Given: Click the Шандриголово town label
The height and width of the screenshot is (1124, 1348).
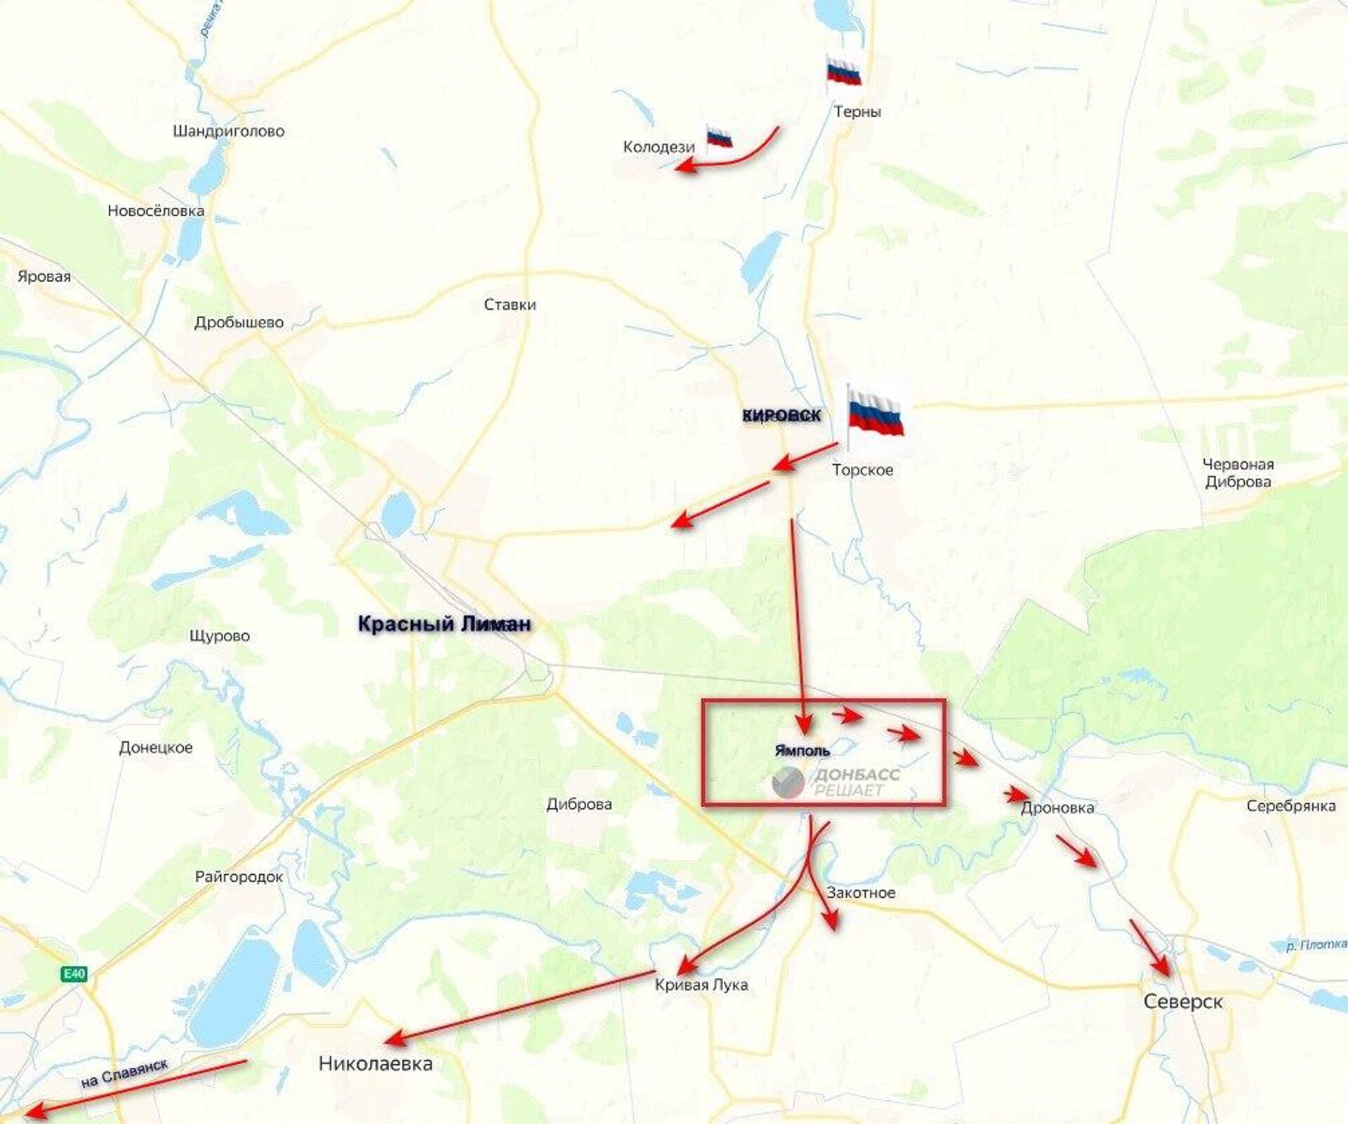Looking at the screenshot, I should [228, 131].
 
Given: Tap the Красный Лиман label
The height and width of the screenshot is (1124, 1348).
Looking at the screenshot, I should [444, 623].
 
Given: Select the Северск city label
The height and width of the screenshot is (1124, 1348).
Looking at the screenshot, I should [1183, 1001].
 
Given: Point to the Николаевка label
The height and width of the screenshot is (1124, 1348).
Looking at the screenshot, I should [376, 1063].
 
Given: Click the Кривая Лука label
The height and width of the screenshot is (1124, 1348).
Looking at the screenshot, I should [701, 984].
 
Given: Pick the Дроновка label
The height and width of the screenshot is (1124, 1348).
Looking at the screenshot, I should [1057, 807].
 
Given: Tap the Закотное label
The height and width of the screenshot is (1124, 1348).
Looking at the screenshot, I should [861, 892].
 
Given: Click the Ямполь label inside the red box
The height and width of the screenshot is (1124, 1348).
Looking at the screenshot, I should [802, 751].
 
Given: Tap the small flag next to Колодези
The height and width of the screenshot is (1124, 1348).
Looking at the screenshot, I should [719, 137].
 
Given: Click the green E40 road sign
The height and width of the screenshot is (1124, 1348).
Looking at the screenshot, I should [74, 974].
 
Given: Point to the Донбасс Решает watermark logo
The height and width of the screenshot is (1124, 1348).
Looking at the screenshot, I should [835, 782].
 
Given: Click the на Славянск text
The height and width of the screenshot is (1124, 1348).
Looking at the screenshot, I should [124, 1073].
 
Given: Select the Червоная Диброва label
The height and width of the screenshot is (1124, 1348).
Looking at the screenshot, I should [1238, 472].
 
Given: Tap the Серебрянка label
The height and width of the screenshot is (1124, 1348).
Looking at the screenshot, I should [1290, 806].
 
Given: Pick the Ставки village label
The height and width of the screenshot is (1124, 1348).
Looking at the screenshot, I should [510, 305].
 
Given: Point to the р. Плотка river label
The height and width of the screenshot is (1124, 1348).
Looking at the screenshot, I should [1316, 945].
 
